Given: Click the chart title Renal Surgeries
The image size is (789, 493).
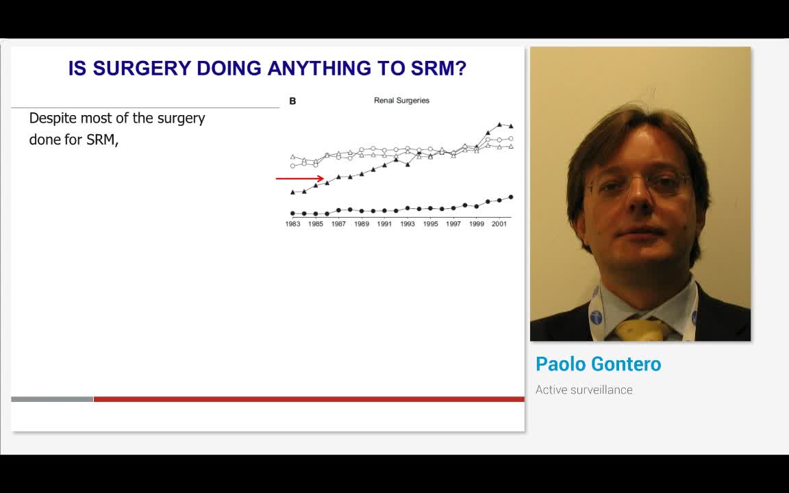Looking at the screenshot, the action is point(401,101).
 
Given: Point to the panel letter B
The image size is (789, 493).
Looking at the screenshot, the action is point(292,101).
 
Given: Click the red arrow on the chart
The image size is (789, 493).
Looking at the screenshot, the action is point(300,179).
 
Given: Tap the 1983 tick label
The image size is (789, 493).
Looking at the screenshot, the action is point(293,224).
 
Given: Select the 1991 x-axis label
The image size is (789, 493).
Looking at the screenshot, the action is point(384,224).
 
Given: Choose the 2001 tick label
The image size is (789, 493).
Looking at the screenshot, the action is point(499,224).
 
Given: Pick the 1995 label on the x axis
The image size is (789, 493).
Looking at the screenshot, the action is point(430,224).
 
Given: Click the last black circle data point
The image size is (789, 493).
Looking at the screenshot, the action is point(511,197).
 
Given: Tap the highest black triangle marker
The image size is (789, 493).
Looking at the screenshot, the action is point(500,124).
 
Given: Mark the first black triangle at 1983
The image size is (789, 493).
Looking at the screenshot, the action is point(293,192).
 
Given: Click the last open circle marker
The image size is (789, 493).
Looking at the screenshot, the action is point(511,138).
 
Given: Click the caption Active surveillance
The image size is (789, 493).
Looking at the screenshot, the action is point(584,390).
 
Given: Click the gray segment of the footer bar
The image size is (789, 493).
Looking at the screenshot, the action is point(52,399).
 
